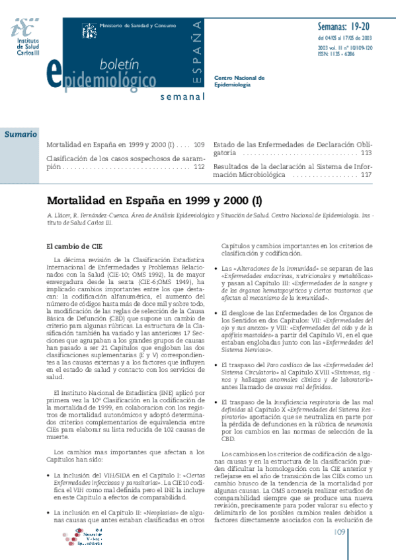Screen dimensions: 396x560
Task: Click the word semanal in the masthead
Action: [x=180, y=98]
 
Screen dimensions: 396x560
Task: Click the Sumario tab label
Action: [x=22, y=134]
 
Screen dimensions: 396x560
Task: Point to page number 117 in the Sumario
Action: [x=366, y=176]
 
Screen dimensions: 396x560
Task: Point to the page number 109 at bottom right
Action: [x=341, y=532]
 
